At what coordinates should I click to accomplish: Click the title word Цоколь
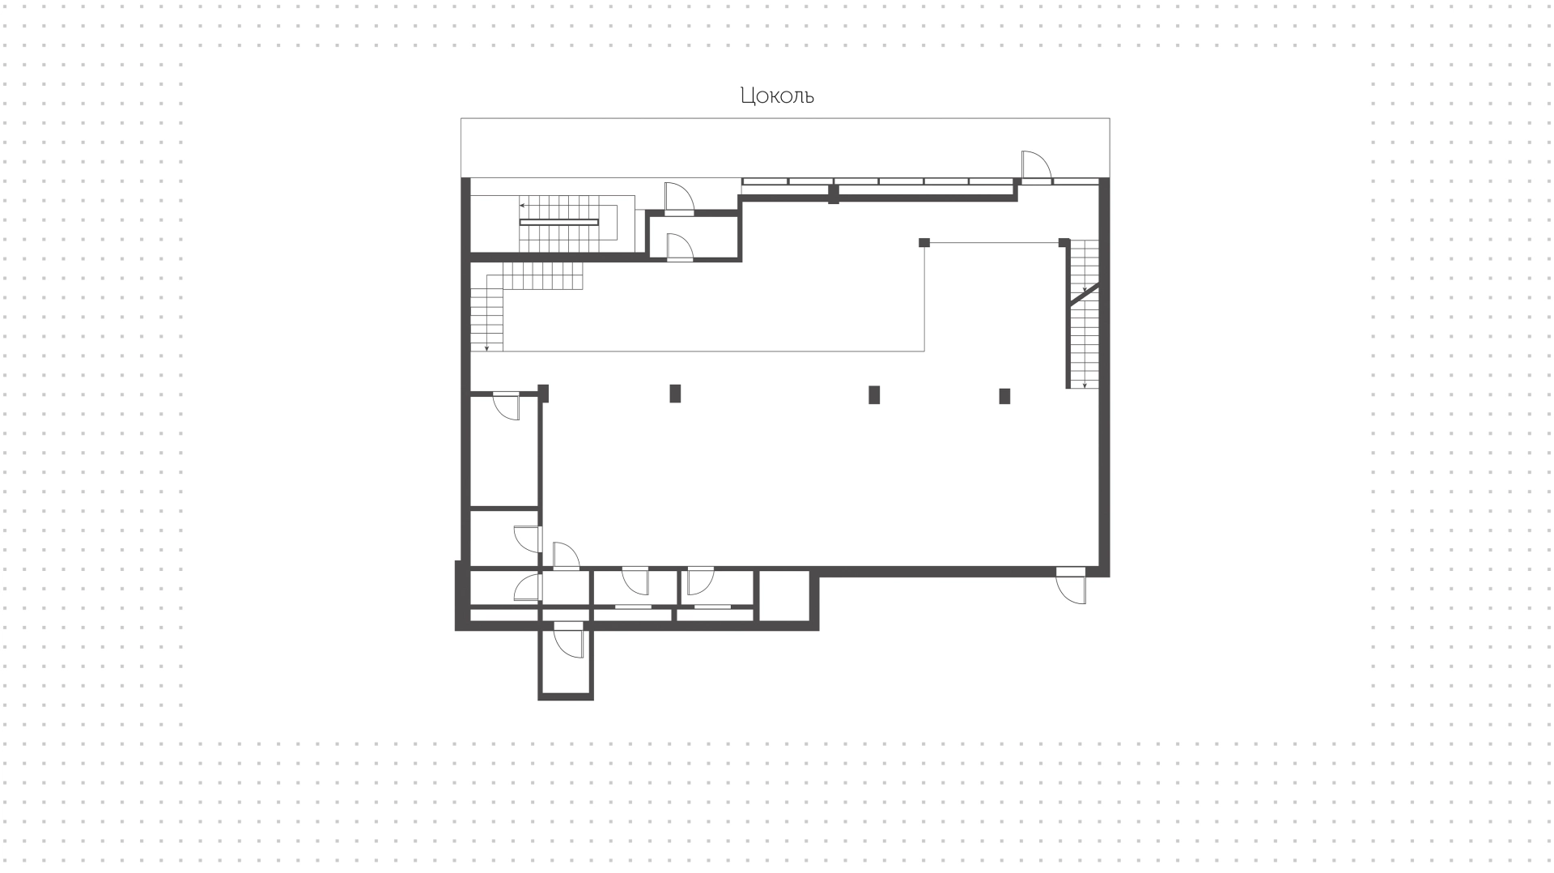(x=777, y=96)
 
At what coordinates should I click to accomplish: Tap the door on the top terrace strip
(x=1036, y=166)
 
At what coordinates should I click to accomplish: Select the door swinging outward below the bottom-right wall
(x=1071, y=586)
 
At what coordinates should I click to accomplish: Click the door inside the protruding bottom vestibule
(x=568, y=642)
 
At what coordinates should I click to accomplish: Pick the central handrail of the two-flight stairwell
(x=558, y=222)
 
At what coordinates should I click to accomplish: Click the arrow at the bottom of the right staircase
(x=1085, y=383)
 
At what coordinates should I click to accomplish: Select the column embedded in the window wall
(x=834, y=194)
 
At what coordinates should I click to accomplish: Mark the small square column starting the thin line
(x=924, y=242)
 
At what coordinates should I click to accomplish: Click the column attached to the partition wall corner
(x=544, y=393)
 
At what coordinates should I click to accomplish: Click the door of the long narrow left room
(x=506, y=405)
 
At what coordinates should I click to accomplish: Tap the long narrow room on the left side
(x=504, y=451)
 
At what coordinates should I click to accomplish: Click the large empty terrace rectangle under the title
(x=785, y=147)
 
